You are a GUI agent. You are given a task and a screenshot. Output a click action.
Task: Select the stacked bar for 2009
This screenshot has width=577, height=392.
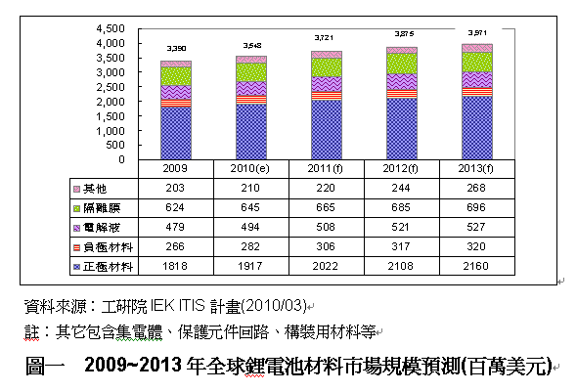point(176,109)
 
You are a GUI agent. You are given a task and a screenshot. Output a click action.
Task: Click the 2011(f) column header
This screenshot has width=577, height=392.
point(327,167)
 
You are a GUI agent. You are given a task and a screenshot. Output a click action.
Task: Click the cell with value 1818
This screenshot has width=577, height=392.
point(176,266)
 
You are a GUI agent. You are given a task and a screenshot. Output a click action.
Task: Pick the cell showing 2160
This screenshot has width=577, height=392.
point(477,266)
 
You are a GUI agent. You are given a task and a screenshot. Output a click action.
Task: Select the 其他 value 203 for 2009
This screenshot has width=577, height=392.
point(176,188)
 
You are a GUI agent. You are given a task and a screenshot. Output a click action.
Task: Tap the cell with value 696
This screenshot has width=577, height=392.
point(477,207)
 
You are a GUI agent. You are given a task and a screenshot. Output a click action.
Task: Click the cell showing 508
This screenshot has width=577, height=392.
point(327,227)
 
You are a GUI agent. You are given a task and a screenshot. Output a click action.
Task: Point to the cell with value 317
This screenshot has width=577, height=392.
point(402,246)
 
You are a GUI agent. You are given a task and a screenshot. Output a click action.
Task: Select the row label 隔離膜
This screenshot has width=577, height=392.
point(100,207)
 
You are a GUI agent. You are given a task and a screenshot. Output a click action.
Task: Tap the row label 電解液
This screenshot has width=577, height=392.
point(100,227)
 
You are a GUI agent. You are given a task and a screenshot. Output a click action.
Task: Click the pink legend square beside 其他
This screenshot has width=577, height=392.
point(77,188)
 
